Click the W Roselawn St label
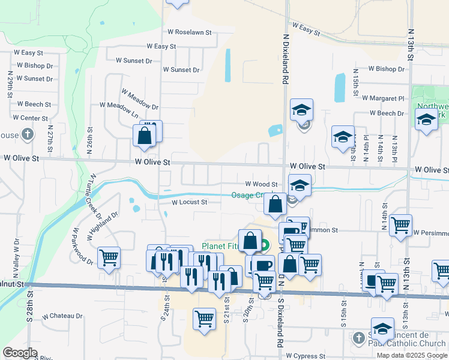[189, 32]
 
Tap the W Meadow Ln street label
[119, 109]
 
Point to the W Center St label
[30, 118]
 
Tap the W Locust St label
[189, 202]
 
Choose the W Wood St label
[261, 184]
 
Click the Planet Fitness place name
[221, 246]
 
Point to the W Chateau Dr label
[62, 316]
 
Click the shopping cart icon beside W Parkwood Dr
[109, 258]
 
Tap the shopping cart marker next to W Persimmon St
[400, 226]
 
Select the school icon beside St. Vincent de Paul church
[382, 329]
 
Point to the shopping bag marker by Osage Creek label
[275, 204]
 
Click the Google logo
[20, 353]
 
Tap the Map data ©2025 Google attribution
[411, 355]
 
